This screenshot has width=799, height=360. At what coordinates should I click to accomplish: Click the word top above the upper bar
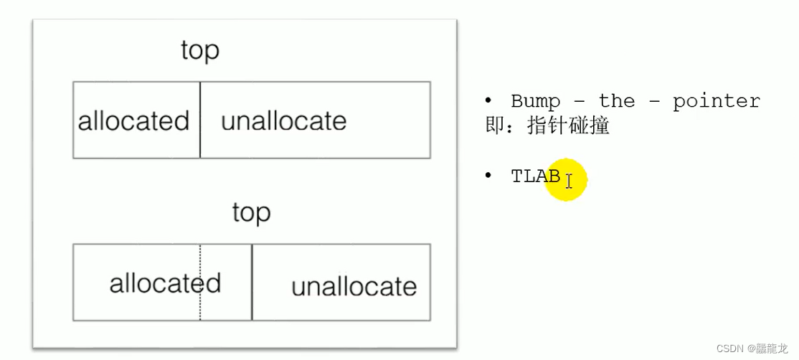coord(200,52)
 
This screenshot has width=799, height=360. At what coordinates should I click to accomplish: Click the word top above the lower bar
coord(251,214)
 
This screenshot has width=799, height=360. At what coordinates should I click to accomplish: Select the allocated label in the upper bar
coord(133,120)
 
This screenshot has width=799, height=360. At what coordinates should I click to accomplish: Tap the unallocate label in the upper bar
coord(283,120)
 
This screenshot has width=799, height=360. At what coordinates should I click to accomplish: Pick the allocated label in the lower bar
coord(165,283)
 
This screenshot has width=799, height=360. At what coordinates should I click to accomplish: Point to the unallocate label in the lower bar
coord(354,287)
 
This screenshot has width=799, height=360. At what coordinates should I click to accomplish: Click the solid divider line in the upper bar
coord(200,136)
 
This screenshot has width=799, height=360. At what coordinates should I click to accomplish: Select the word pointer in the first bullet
coord(716,101)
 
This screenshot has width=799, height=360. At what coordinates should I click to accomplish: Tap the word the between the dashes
coord(617,101)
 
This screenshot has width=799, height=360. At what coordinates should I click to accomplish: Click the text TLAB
coord(535,176)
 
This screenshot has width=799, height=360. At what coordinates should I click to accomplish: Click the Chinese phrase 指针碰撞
coord(568,126)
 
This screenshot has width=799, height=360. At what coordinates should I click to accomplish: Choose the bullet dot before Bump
coord(488,100)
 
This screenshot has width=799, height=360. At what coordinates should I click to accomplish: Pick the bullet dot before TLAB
coord(488,176)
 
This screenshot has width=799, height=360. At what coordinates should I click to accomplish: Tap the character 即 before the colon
coord(493,126)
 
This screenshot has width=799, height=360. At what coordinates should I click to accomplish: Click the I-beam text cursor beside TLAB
coord(569,180)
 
